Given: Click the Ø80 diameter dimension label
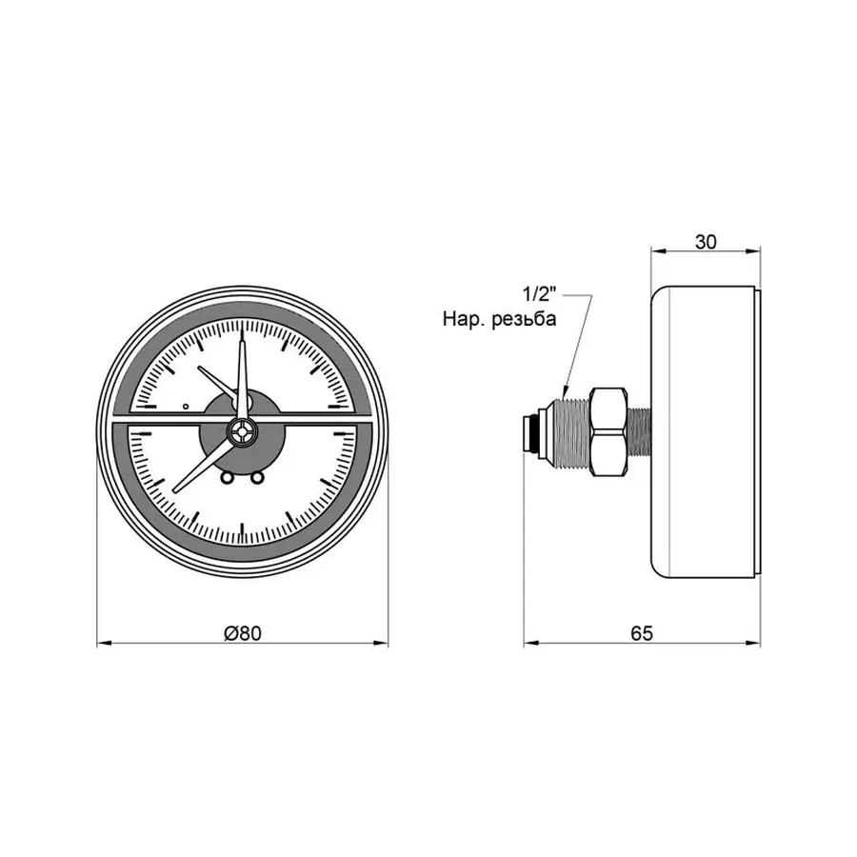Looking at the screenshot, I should [x=244, y=631].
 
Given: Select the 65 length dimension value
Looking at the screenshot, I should [x=641, y=631].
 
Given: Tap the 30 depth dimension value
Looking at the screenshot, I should [x=705, y=242].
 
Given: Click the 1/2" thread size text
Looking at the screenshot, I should [x=538, y=293].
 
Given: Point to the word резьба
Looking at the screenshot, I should [x=523, y=320].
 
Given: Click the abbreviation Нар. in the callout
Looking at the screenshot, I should [x=463, y=320].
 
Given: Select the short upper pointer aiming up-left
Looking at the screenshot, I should [x=217, y=381].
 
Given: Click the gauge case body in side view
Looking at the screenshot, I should [x=705, y=428].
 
